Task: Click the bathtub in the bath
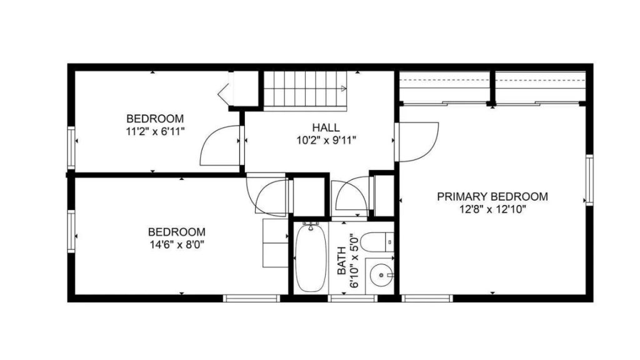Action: coord(311,258)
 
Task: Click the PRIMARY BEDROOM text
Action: coord(492,196)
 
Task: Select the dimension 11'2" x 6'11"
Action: coord(155,131)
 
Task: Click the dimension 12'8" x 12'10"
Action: coord(492,209)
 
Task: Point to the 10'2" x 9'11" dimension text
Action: coord(326,140)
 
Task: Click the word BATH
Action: coord(342,261)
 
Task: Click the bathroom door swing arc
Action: coord(352,195)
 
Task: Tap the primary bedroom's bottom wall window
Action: coord(427,298)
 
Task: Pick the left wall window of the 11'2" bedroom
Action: coord(71,147)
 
